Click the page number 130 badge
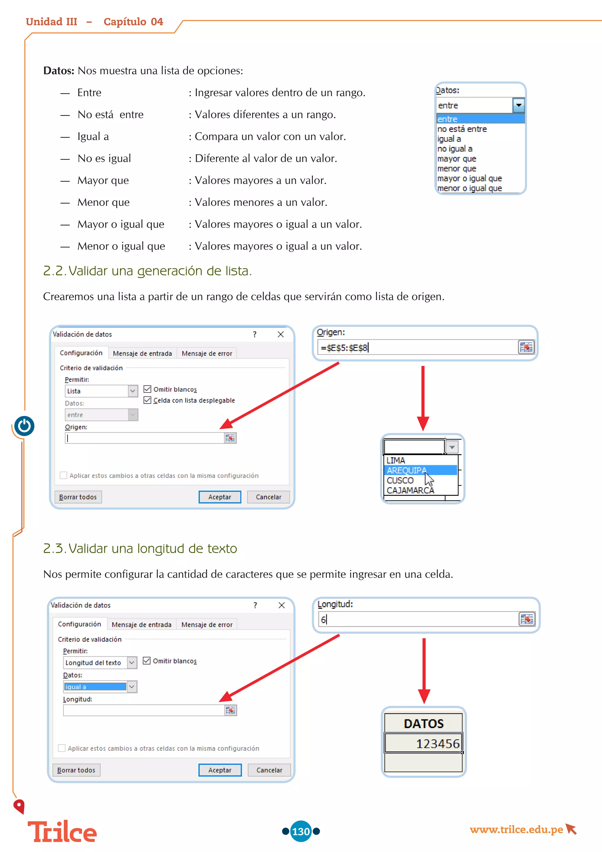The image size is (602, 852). pos(301,831)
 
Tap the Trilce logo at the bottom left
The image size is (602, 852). pos(62,832)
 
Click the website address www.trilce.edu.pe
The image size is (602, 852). pos(516,829)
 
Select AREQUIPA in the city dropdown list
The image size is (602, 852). pos(407,470)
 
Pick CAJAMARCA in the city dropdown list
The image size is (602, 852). pos(410,490)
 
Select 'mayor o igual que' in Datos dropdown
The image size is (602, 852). pos(469,179)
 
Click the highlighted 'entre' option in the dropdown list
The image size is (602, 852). pos(480,119)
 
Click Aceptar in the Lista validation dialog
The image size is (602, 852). pos(220,497)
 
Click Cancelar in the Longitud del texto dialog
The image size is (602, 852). pos(269,770)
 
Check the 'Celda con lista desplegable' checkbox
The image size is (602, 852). pos(147,400)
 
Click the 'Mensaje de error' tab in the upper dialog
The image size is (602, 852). pos(207,353)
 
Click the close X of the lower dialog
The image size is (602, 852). pos(281,605)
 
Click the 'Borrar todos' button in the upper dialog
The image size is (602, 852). pos(78,497)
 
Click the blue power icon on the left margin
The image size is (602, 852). pos(24,426)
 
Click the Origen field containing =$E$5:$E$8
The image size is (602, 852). pos(417,348)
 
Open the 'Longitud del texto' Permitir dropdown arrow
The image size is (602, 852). pos(132,662)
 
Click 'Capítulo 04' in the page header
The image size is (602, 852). pos(133,22)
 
